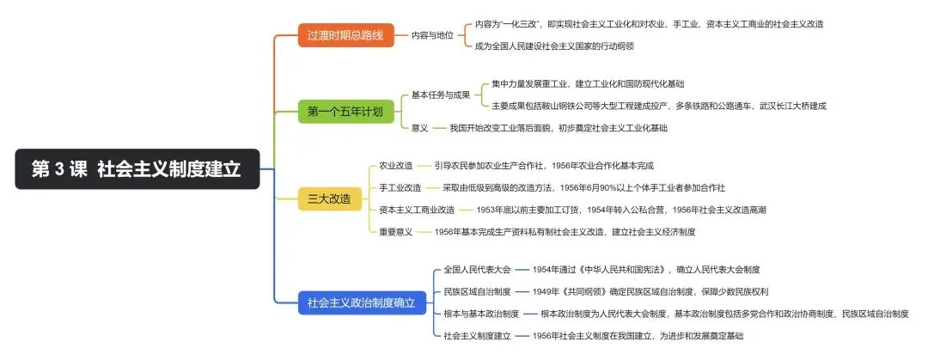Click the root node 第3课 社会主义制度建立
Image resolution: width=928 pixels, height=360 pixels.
[x=137, y=169]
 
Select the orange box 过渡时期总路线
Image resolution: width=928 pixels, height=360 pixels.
[x=345, y=36]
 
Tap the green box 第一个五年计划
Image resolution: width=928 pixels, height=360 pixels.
[x=345, y=111]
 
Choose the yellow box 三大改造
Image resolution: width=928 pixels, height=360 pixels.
[x=329, y=199]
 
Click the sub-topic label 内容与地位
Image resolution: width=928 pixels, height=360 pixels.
[x=433, y=35]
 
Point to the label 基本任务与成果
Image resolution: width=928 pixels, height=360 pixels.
[x=441, y=95]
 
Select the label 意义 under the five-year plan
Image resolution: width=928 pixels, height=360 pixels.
[x=419, y=127]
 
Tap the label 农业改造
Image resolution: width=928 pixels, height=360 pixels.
[x=396, y=166]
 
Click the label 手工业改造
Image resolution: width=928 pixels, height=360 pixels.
[x=400, y=187]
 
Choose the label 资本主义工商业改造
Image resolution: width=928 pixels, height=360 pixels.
[x=417, y=210]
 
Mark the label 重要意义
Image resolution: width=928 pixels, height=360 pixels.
[x=396, y=232]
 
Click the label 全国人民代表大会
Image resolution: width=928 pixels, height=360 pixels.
[x=477, y=269]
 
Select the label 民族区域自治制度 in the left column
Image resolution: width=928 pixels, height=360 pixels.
[x=477, y=291]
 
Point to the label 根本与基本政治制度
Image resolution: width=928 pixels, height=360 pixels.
[x=481, y=314]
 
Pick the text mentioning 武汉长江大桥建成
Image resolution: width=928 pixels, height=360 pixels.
[x=658, y=106]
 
